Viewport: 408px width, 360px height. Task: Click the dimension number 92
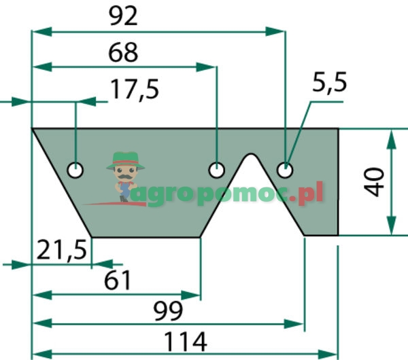123,16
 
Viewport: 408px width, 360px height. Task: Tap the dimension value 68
123,53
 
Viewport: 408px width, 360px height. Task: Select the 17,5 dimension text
135,90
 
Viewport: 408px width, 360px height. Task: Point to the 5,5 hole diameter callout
329,83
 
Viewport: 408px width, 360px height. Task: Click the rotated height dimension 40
374,181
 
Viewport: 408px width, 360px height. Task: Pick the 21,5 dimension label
61,250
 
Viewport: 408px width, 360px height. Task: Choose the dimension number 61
117,281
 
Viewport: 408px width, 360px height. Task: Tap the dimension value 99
168,311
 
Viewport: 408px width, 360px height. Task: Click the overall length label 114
185,341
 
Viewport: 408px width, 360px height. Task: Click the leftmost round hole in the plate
75,170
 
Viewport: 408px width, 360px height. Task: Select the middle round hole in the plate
216,170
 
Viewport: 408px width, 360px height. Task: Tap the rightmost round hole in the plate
285,170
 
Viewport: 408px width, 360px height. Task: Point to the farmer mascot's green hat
125,160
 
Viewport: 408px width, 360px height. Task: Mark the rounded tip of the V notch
250,154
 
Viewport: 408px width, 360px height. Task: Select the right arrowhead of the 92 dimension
275,31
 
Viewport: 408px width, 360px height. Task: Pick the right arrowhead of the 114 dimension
328,354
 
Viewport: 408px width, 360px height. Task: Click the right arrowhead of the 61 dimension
190,295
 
